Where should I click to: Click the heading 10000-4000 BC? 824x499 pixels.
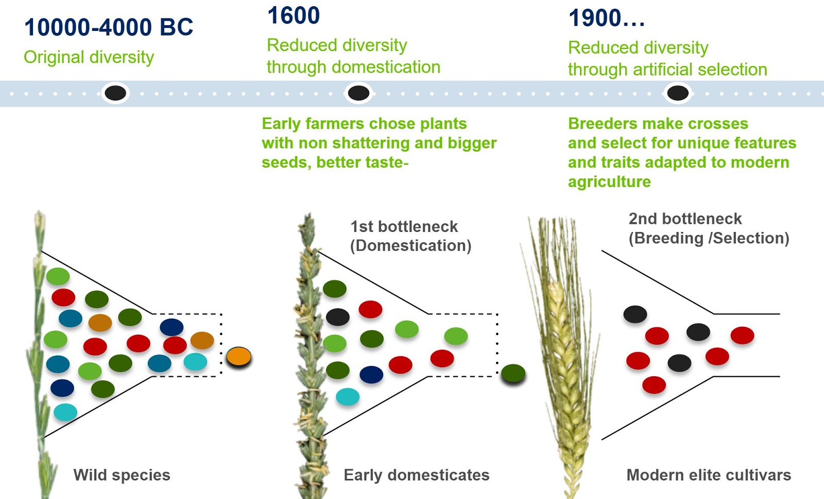(108, 27)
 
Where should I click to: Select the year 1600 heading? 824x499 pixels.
(294, 15)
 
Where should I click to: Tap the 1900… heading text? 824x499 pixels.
(606, 19)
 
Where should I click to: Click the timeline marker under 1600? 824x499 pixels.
(358, 93)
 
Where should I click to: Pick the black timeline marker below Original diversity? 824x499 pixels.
(115, 93)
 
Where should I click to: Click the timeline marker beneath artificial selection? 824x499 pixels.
(677, 93)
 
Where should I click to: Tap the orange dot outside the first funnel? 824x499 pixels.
(238, 357)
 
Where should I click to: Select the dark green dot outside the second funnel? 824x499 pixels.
(513, 373)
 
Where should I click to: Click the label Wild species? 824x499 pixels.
(122, 475)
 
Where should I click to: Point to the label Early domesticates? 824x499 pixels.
(416, 475)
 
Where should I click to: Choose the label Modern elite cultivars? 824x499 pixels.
(708, 475)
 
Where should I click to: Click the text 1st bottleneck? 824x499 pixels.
(404, 226)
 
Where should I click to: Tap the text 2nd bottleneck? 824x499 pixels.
(684, 219)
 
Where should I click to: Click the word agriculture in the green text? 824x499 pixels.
(609, 182)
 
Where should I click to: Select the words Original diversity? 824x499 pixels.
(89, 57)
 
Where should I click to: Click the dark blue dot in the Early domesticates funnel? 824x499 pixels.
(371, 375)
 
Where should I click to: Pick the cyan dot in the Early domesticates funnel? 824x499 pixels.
(348, 396)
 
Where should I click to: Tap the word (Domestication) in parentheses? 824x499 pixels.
(410, 246)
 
